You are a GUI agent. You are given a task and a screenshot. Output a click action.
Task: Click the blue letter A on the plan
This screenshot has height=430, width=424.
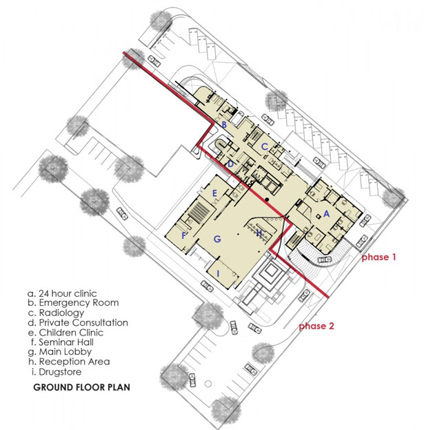click(x=326, y=213)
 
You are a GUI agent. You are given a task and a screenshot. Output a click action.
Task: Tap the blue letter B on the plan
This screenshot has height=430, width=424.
click(x=224, y=125)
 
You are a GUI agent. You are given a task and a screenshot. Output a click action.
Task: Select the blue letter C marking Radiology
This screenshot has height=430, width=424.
click(x=264, y=147)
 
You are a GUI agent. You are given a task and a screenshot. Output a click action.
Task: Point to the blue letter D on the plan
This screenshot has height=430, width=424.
click(x=230, y=164)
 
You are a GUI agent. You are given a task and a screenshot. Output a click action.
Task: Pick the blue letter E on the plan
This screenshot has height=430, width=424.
click(x=214, y=194)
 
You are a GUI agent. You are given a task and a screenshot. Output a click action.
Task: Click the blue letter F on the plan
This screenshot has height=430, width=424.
click(x=184, y=235)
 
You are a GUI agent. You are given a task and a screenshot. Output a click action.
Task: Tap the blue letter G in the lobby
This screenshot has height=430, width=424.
click(x=217, y=239)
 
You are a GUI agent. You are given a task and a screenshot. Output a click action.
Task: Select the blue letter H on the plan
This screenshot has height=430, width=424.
click(x=259, y=233)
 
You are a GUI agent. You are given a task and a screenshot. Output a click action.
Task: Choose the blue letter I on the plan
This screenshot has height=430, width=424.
click(x=218, y=273)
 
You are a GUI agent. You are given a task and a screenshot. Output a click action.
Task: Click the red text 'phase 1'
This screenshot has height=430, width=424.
click(x=378, y=257)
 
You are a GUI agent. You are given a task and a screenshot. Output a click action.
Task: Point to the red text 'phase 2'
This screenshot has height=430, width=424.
click(x=316, y=326)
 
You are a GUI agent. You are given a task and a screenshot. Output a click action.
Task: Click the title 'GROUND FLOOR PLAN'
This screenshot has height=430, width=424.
click(x=81, y=387)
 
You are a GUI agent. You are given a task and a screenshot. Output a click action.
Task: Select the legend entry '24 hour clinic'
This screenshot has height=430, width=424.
click(x=62, y=293)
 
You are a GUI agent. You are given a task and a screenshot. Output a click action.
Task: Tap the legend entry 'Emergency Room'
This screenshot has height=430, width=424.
click(x=73, y=303)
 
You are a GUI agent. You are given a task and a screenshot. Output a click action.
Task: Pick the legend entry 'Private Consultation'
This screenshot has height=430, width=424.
click(x=78, y=322)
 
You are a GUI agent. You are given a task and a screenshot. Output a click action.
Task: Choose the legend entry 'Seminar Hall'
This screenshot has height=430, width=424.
click(x=62, y=342)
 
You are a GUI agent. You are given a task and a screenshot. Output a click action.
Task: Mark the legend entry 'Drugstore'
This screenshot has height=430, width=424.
click(x=57, y=372)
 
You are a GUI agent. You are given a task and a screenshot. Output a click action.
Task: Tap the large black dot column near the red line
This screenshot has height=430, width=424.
click(x=267, y=199)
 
